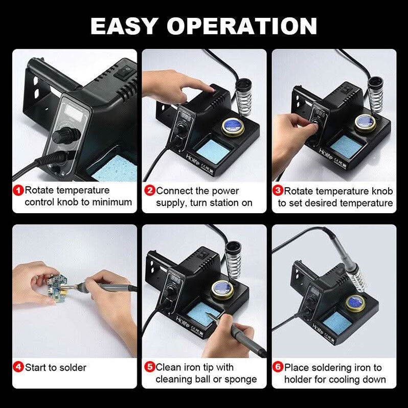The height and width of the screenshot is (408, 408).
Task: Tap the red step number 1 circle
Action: click(x=18, y=191)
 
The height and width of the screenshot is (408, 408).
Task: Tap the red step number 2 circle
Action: click(x=149, y=191)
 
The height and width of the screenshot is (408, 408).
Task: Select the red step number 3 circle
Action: click(x=278, y=191)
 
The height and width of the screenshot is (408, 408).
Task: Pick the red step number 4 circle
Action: click(x=18, y=367)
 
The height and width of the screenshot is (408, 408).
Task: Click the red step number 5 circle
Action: click(x=149, y=367)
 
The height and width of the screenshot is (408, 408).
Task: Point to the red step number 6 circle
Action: click(x=278, y=367)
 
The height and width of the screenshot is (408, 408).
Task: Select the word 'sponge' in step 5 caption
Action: click(x=240, y=379)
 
